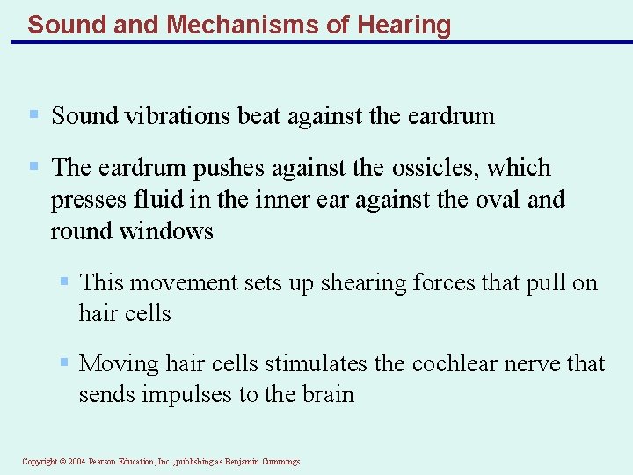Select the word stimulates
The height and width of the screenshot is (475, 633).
316,363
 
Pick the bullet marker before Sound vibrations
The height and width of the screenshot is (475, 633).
33,115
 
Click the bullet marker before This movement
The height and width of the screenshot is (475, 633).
63,282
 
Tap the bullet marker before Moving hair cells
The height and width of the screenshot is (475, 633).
63,362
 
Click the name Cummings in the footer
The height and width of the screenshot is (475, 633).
281,462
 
